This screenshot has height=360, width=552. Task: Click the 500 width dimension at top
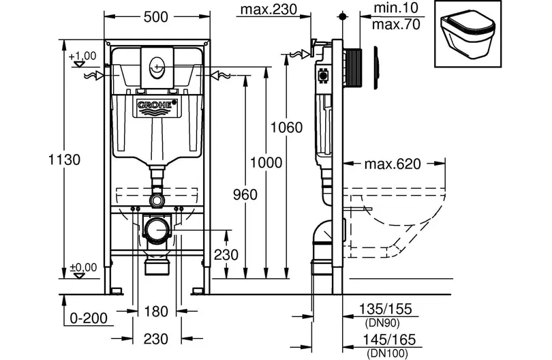pyautogui.click(x=156, y=16)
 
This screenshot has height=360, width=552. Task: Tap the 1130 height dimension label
pyautogui.click(x=65, y=160)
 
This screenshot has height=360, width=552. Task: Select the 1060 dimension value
pyautogui.click(x=286, y=127)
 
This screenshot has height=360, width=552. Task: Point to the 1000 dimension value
pyautogui.click(x=266, y=162)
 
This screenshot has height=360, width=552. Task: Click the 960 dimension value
pyautogui.click(x=245, y=194)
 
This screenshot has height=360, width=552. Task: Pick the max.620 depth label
pyautogui.click(x=393, y=164)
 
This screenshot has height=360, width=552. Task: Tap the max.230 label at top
pyautogui.click(x=269, y=9)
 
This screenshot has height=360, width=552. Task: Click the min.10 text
pyautogui.click(x=396, y=7)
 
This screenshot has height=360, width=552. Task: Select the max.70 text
pyautogui.click(x=396, y=25)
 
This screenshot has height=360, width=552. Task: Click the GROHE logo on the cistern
pyautogui.click(x=157, y=104)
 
